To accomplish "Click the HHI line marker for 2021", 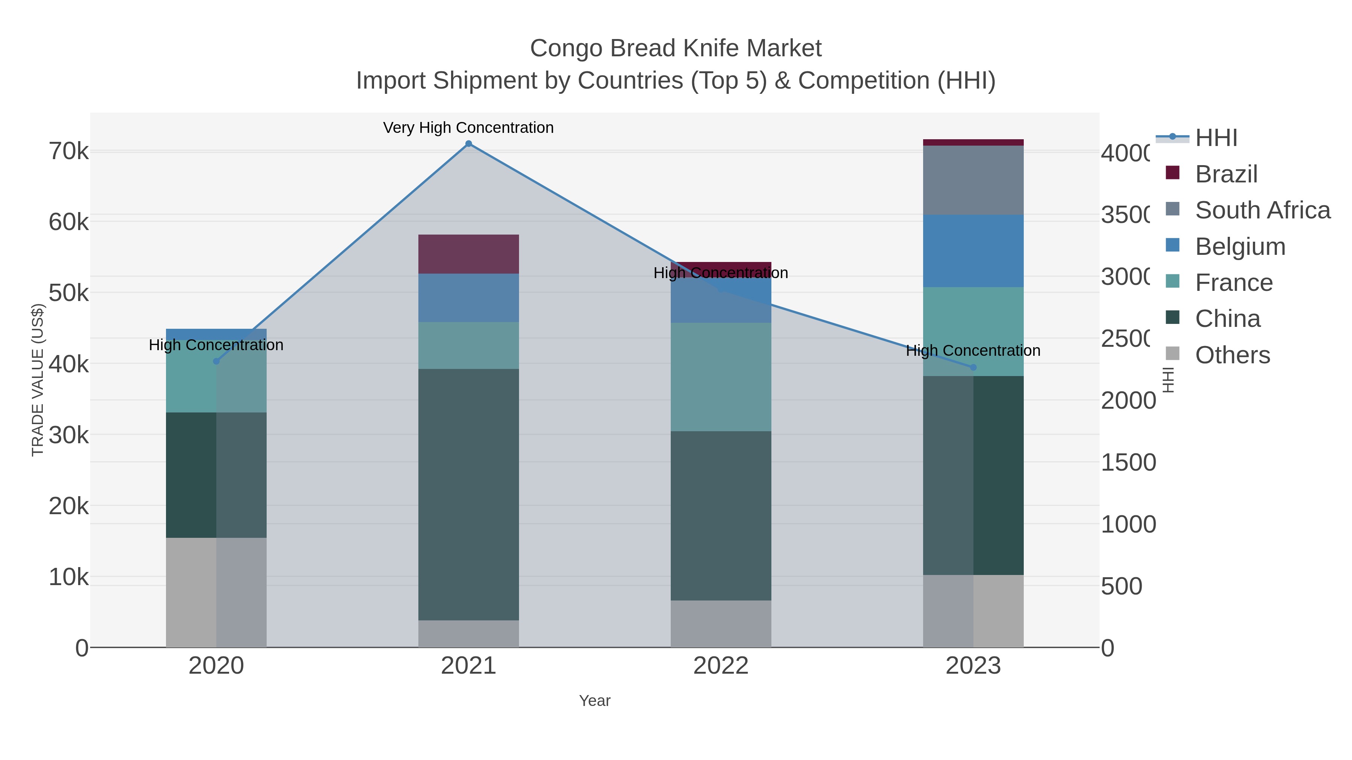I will tap(469, 144).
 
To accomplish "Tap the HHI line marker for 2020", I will tap(216, 361).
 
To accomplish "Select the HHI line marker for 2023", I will tap(973, 367).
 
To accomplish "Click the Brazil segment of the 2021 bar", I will tap(469, 254).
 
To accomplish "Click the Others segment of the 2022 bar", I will tap(721, 624).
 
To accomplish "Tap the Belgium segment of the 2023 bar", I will tap(973, 251).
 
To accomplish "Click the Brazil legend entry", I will tap(1226, 174).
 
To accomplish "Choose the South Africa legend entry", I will tap(1262, 210).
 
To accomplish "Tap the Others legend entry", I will tap(1232, 355).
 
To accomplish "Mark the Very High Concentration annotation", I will tap(468, 128).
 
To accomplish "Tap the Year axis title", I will tap(595, 700).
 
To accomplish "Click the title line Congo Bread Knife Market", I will tap(676, 48).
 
